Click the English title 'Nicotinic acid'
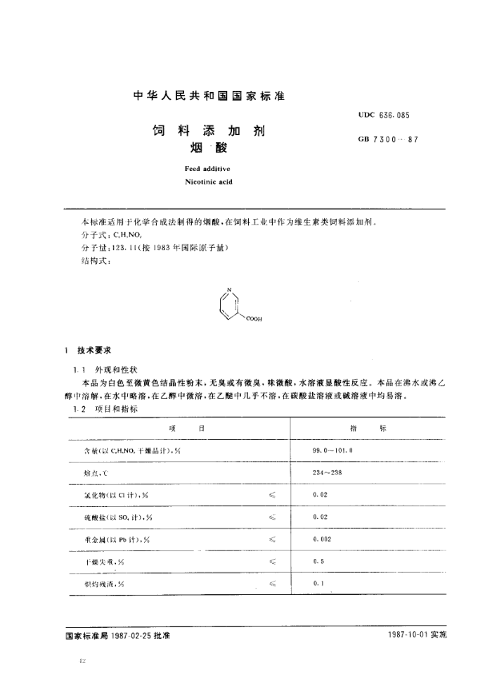coord(208,182)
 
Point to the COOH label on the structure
coord(254,319)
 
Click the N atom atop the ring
coord(229,290)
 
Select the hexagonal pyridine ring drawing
coord(229,306)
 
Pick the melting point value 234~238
coord(327,472)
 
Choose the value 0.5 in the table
coord(318,562)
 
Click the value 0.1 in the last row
coord(318,584)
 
